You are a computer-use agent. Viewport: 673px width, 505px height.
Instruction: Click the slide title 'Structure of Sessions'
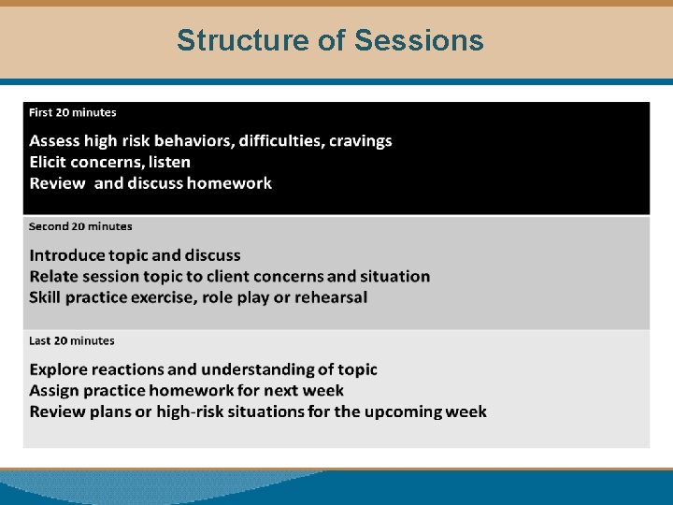(330, 40)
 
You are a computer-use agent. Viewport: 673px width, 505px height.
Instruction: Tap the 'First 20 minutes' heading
(73, 112)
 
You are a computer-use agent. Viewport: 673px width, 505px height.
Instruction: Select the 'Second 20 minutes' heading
(80, 226)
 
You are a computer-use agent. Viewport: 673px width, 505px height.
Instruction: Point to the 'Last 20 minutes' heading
(72, 340)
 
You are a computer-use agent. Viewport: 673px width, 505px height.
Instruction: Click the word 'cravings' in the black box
(360, 141)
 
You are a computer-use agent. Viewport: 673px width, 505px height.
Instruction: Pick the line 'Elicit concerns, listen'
(109, 162)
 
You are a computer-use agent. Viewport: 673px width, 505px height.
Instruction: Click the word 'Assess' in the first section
(54, 141)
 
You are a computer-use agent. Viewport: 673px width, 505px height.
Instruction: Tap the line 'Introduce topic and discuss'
(135, 255)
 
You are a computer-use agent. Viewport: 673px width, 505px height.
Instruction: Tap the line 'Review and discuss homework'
(150, 183)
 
